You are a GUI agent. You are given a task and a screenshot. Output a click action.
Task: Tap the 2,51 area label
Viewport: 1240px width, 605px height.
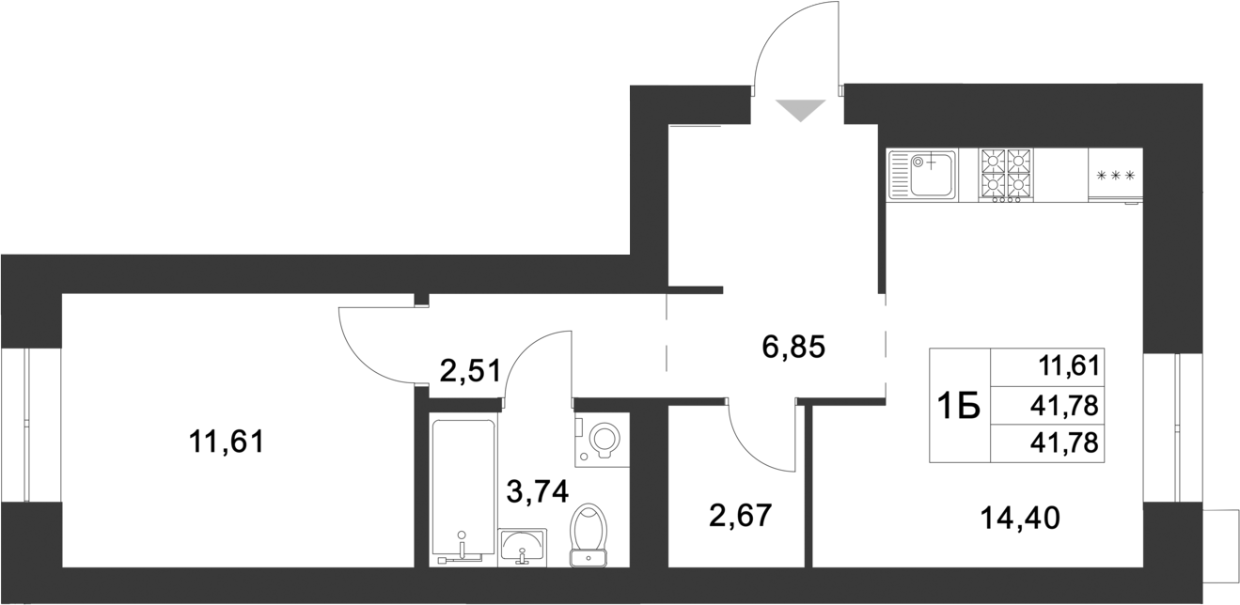pyautogui.click(x=469, y=370)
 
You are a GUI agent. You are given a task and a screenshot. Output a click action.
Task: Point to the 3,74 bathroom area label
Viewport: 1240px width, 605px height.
pyautogui.click(x=537, y=490)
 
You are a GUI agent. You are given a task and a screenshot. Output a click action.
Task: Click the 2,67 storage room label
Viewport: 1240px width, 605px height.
pyautogui.click(x=740, y=516)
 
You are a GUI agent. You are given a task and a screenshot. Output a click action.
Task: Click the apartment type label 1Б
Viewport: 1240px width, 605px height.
pyautogui.click(x=959, y=406)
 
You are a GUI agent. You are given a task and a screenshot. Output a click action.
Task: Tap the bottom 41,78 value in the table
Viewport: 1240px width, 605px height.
pyautogui.click(x=1070, y=442)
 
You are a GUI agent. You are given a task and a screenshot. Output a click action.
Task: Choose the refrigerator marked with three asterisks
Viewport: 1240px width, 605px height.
pyautogui.click(x=1116, y=175)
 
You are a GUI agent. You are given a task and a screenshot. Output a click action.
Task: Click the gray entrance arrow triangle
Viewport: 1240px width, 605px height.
pyautogui.click(x=802, y=110)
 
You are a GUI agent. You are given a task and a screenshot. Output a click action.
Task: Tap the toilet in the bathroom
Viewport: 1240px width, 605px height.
pyautogui.click(x=589, y=535)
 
